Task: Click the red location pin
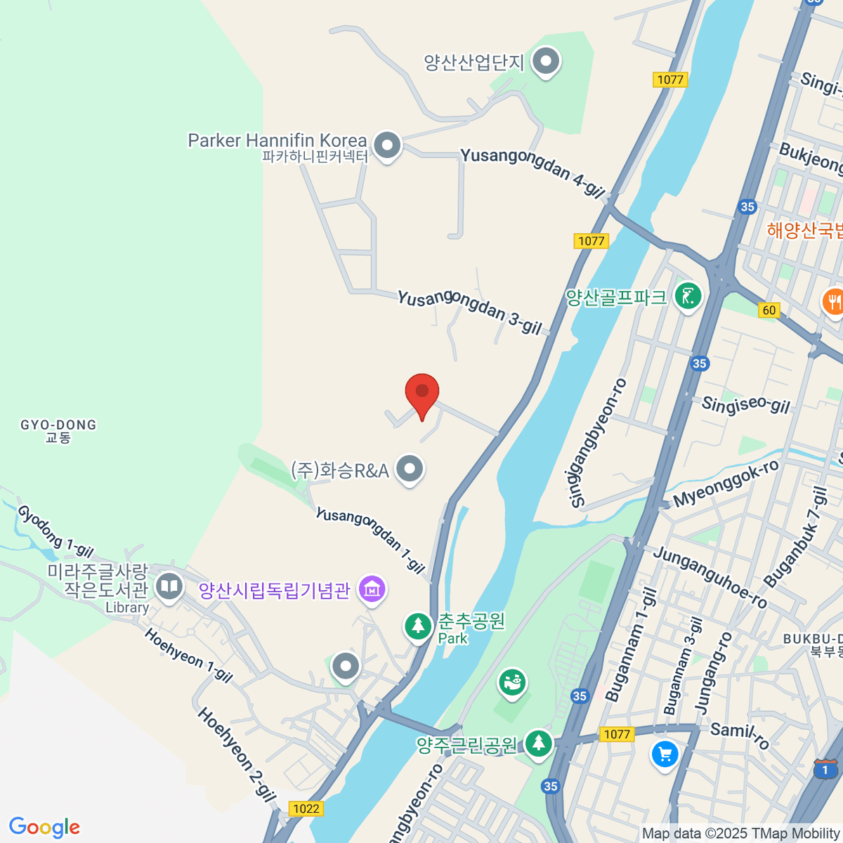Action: tap(422, 392)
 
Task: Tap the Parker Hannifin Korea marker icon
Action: tap(386, 145)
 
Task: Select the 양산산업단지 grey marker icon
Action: tap(546, 62)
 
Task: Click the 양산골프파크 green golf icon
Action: tap(688, 296)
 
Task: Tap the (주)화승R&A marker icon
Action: tap(410, 468)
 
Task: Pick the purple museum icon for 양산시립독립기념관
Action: tap(372, 589)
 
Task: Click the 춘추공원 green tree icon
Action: tap(418, 625)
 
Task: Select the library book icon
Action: tap(169, 586)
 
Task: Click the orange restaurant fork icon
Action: tap(834, 302)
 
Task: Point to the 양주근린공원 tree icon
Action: tap(539, 743)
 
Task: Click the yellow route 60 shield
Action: tap(769, 310)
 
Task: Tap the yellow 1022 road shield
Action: tap(306, 809)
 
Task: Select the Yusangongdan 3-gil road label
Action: tap(469, 311)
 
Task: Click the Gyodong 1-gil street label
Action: tap(55, 532)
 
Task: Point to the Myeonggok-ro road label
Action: tap(726, 483)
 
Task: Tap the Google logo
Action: tap(44, 828)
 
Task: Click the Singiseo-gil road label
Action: tap(746, 405)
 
